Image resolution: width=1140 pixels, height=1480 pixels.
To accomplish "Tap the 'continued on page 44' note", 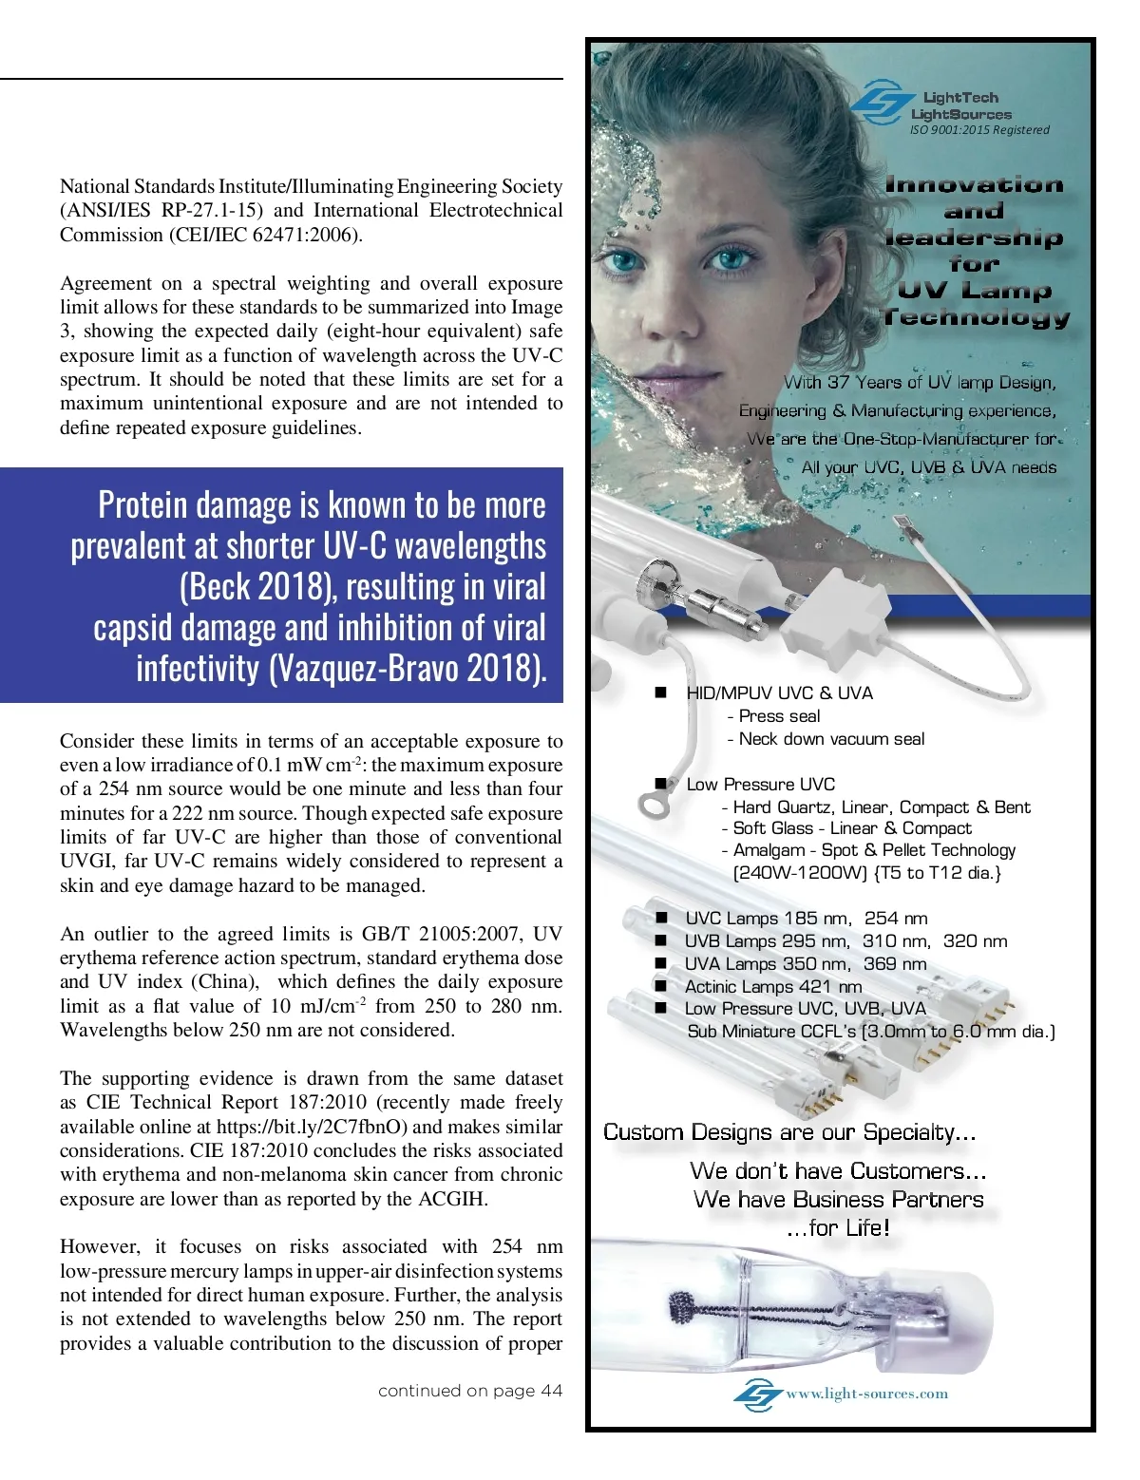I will point(469,1391).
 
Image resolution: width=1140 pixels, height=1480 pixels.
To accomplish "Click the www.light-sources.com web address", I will point(866,1394).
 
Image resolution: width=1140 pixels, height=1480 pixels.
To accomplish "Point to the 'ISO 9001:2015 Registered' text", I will point(979,130).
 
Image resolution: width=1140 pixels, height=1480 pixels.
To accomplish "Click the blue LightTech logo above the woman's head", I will point(880,103).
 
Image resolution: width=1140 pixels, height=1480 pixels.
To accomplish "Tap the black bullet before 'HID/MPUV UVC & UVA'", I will point(661,693).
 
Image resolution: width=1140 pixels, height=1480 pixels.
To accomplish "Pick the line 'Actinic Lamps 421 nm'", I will point(773,986).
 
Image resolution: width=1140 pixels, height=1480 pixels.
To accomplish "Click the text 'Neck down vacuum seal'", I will point(831,739).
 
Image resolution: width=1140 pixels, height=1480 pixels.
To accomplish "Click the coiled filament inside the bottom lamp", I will point(682,1310).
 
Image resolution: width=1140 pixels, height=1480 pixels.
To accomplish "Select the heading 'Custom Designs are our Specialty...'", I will point(789,1132).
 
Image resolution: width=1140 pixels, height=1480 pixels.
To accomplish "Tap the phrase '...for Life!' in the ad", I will point(838,1227).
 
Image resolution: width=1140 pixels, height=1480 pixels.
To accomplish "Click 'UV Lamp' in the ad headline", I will point(974,290).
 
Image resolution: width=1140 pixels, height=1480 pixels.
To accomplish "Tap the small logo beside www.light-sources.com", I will point(757,1395).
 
